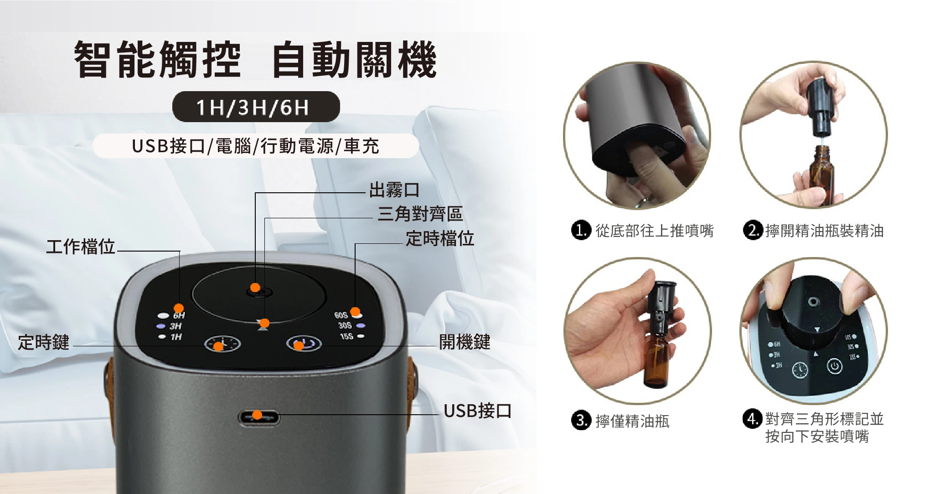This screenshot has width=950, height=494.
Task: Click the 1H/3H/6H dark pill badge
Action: (x=256, y=107)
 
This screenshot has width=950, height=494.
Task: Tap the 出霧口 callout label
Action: (x=394, y=190)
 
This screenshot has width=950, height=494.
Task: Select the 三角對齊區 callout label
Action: (x=420, y=214)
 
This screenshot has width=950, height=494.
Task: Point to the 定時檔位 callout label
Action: (x=440, y=238)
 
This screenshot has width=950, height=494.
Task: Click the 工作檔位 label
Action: (x=81, y=247)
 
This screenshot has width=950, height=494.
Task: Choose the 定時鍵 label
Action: (x=44, y=342)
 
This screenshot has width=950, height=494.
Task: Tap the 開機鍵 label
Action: (x=465, y=341)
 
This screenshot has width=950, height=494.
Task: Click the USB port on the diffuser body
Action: (x=258, y=417)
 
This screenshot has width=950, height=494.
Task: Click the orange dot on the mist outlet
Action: (x=255, y=287)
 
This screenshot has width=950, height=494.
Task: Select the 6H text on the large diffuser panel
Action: (x=179, y=315)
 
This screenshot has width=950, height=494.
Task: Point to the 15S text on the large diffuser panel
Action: (x=346, y=336)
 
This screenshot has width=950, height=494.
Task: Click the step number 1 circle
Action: (x=581, y=230)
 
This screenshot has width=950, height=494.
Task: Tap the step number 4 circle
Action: (x=752, y=418)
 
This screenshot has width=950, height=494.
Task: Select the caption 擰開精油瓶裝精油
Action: (x=825, y=231)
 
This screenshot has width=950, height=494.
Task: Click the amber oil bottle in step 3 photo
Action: (x=656, y=360)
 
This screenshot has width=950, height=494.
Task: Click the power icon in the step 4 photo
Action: (x=835, y=366)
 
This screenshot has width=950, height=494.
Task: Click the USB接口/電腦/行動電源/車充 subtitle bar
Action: (x=256, y=146)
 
